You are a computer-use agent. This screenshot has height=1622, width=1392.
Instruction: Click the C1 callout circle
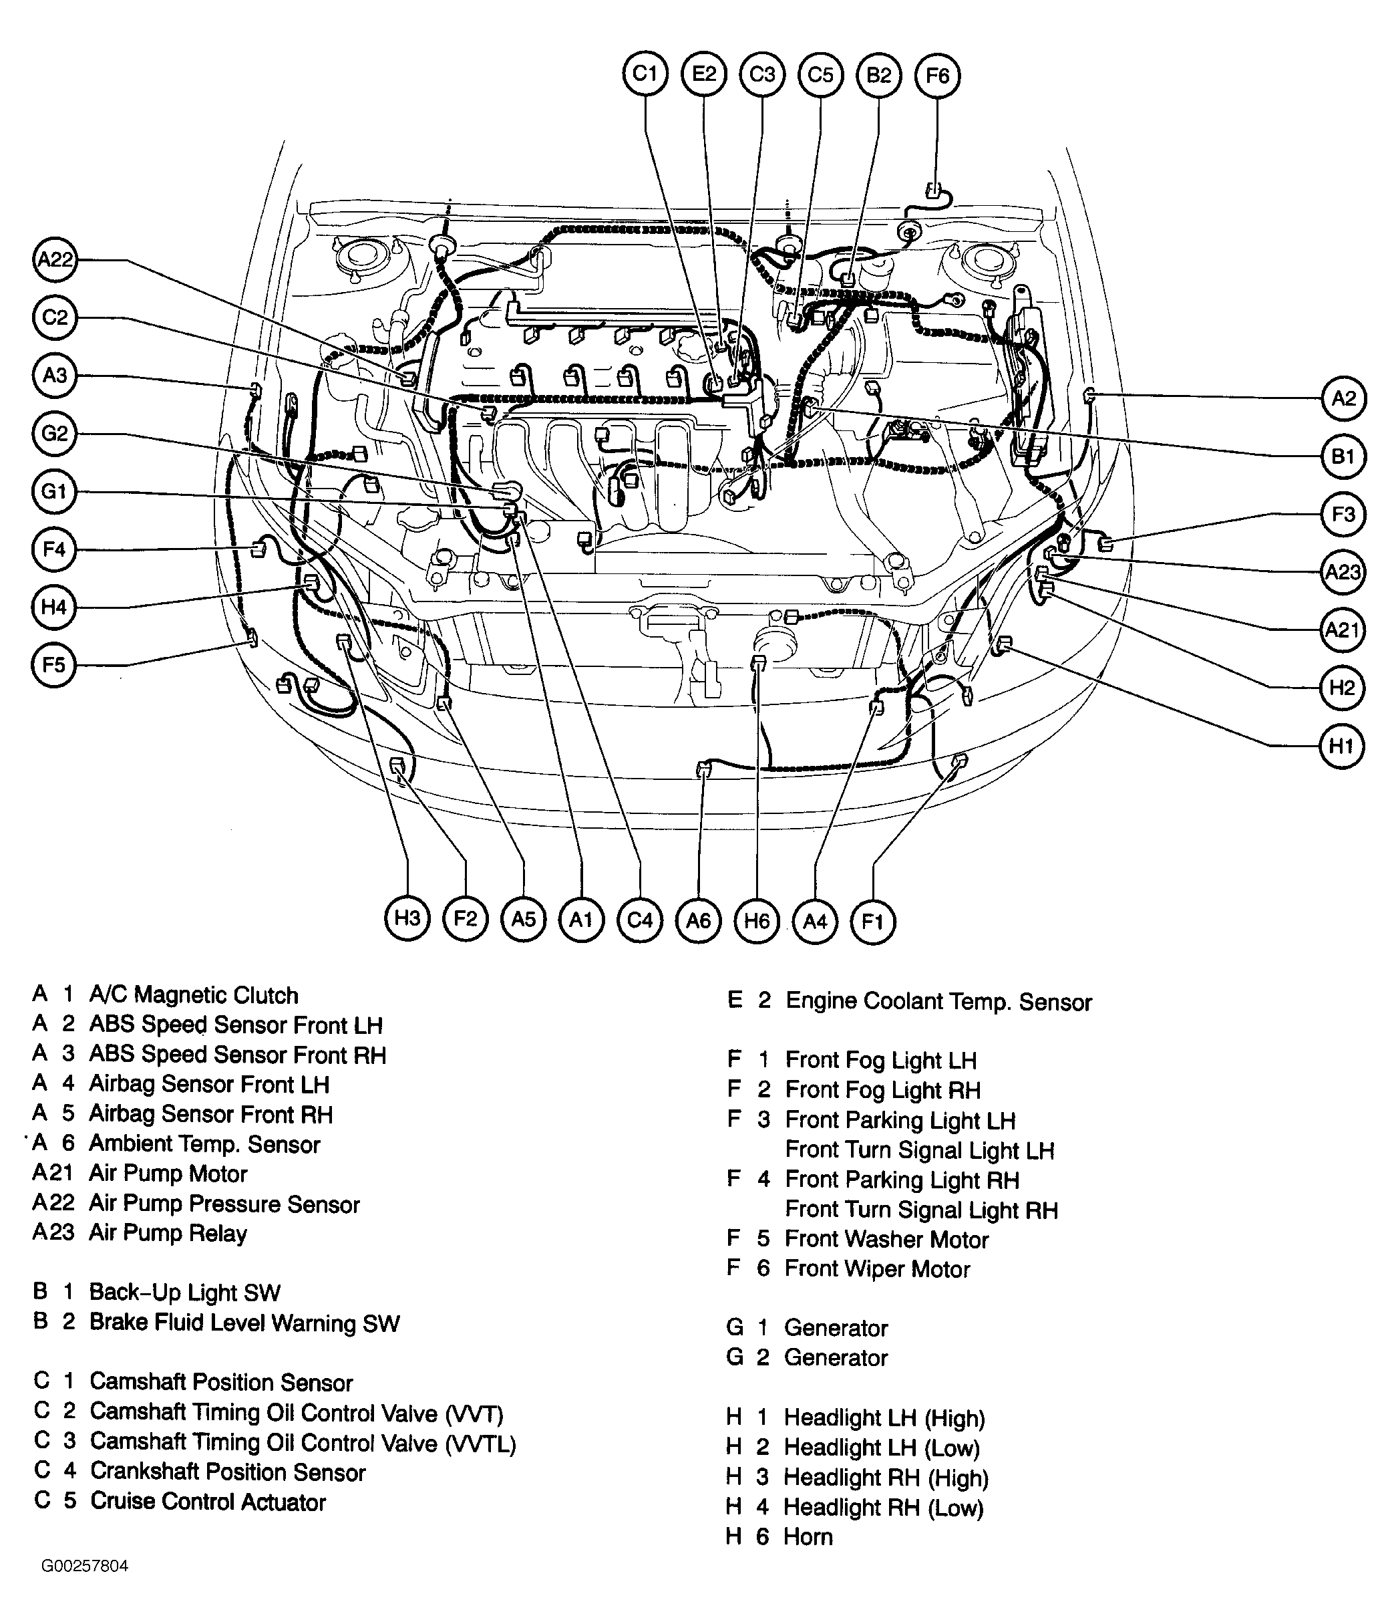click(x=645, y=74)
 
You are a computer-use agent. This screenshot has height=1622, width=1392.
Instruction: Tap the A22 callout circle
click(x=55, y=259)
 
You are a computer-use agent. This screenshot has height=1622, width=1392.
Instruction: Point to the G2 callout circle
click(x=54, y=433)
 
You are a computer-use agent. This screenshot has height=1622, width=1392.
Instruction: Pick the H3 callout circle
click(x=407, y=918)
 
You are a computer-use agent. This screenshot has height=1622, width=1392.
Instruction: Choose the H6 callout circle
click(x=757, y=920)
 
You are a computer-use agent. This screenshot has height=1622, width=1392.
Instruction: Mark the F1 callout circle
click(x=872, y=922)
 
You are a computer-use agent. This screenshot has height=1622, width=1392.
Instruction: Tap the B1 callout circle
click(x=1343, y=456)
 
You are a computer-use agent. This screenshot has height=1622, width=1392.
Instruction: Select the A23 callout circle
click(x=1343, y=572)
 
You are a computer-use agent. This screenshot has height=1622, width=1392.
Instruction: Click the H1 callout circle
click(x=1342, y=746)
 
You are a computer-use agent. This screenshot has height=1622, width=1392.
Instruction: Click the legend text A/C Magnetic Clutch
click(x=193, y=995)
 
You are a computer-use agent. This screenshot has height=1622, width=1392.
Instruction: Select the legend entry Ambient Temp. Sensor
click(x=204, y=1143)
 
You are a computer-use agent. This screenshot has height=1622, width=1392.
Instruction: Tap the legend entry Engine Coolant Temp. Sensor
click(x=938, y=1002)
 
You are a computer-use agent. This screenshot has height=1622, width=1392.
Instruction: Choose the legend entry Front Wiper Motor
click(x=877, y=1269)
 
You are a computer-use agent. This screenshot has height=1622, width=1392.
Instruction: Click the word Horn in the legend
click(x=808, y=1536)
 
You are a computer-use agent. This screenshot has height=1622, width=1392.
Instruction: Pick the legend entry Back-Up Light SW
click(x=184, y=1293)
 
